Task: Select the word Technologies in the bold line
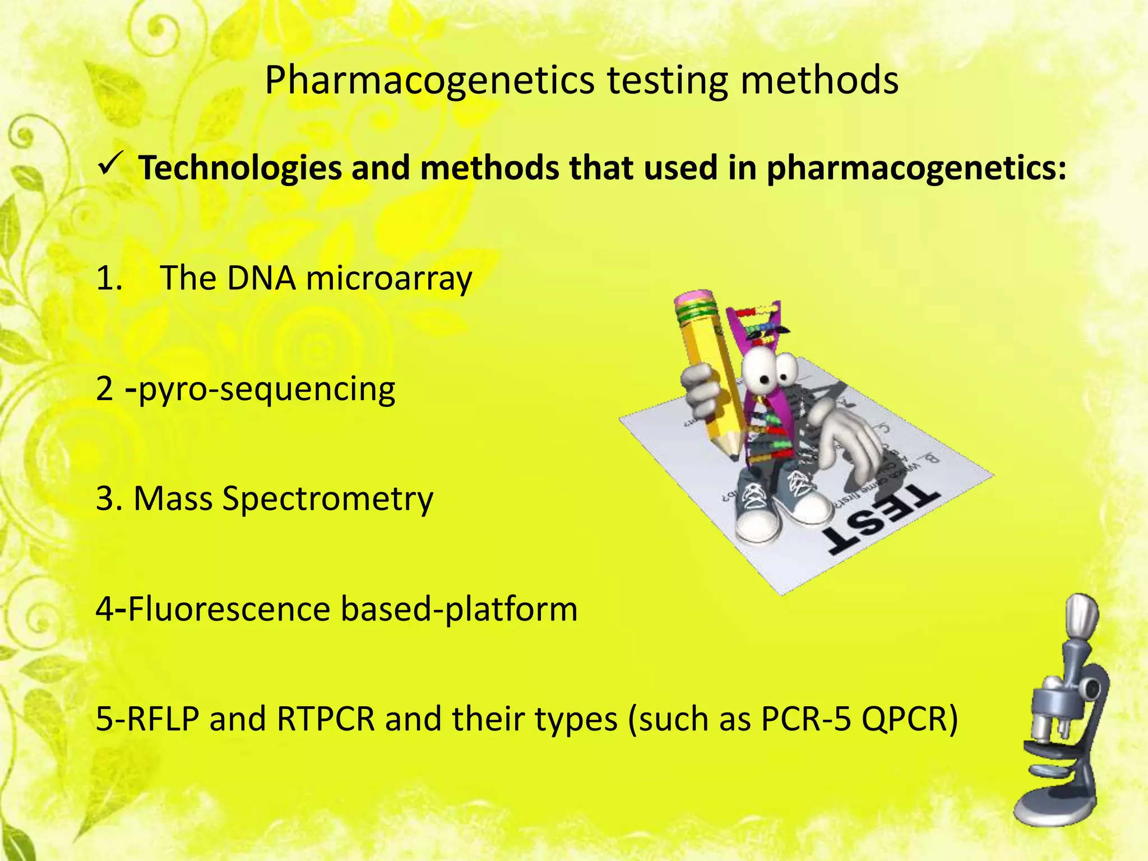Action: pyautogui.click(x=240, y=168)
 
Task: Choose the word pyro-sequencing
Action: pyautogui.click(x=267, y=389)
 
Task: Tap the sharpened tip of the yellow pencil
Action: pyautogui.click(x=735, y=454)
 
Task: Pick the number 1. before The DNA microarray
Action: pyautogui.click(x=109, y=279)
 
